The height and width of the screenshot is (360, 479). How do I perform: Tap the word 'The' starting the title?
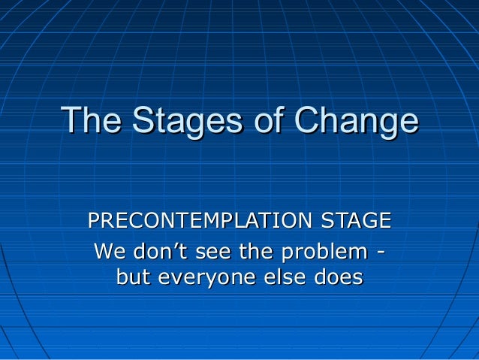coord(92,121)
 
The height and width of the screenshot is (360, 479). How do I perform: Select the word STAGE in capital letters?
coord(356,221)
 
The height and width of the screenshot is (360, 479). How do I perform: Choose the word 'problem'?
coord(324,251)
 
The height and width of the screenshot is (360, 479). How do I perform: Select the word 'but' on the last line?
coord(133,277)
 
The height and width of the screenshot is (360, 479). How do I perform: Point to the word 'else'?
coord(275,277)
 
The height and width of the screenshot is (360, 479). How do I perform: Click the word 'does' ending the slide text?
coord(334,277)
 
